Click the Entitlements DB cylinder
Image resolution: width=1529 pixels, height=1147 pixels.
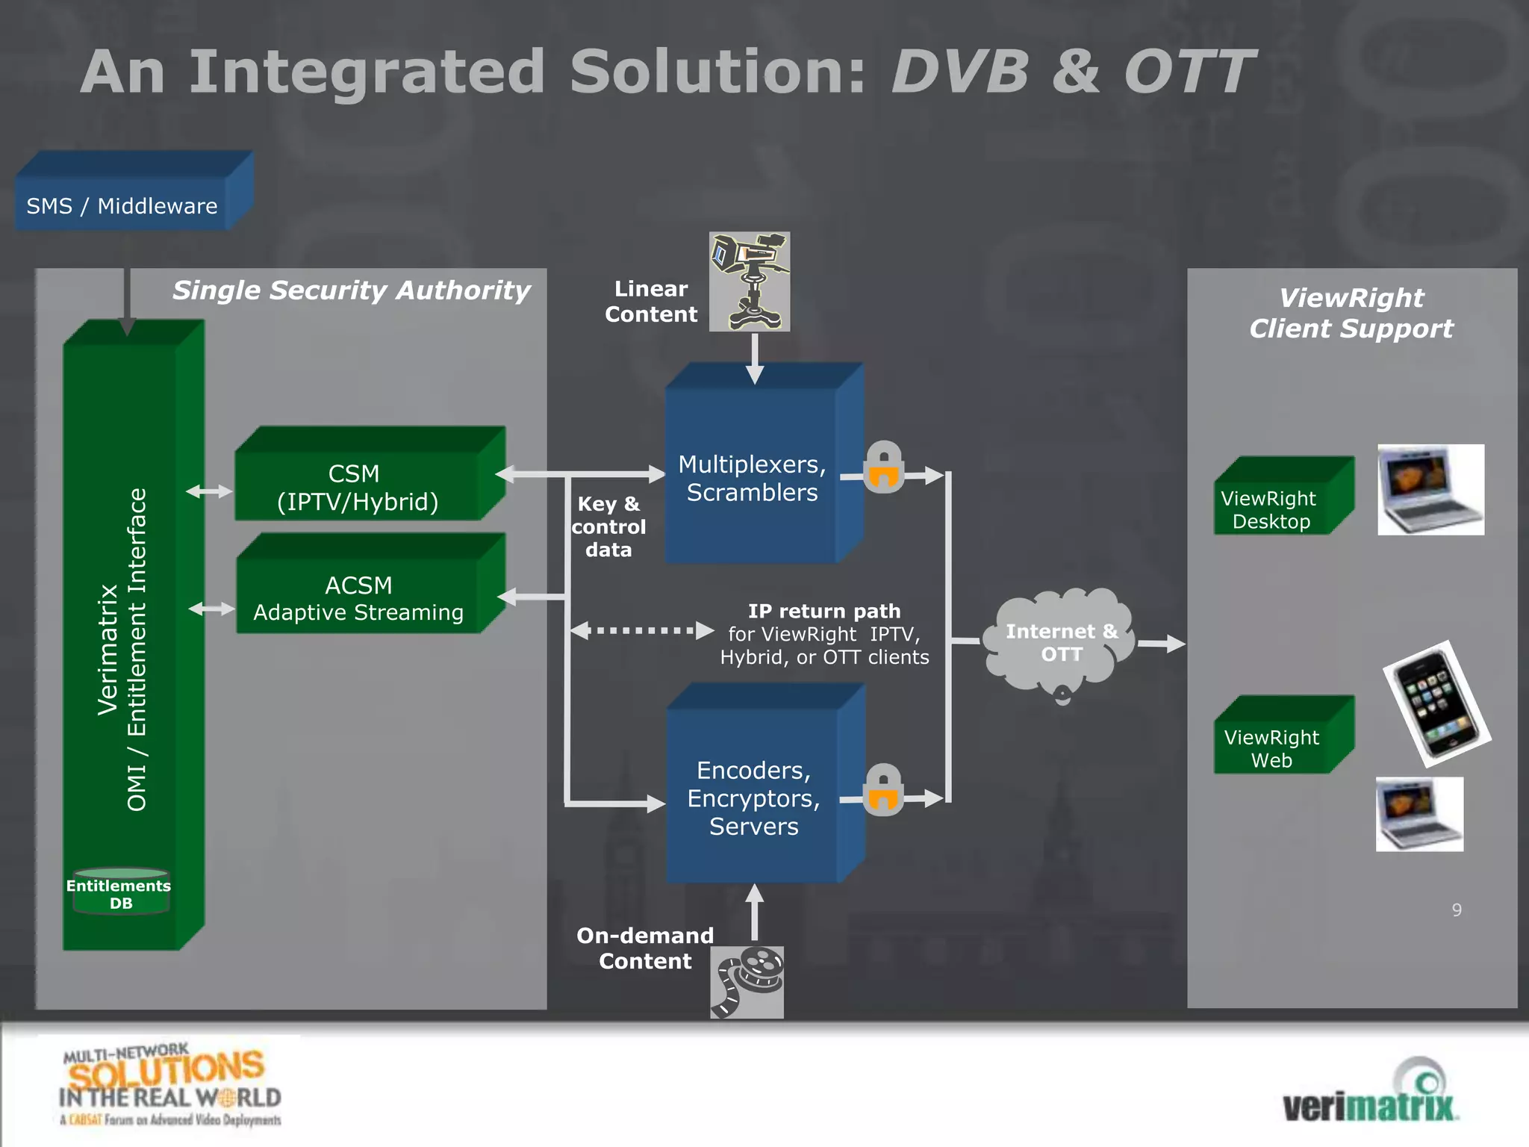(121, 892)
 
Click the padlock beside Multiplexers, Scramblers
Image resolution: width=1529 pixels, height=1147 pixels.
(884, 467)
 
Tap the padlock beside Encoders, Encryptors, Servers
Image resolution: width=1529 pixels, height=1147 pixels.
(883, 790)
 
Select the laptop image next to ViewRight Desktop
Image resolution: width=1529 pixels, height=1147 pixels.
(1430, 489)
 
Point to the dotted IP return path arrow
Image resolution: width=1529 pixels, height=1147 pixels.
(642, 630)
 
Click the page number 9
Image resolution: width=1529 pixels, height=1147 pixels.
(1457, 910)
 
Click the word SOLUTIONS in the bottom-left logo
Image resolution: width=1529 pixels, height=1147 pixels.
(166, 1070)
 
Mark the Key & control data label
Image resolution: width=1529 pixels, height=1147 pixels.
(608, 526)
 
